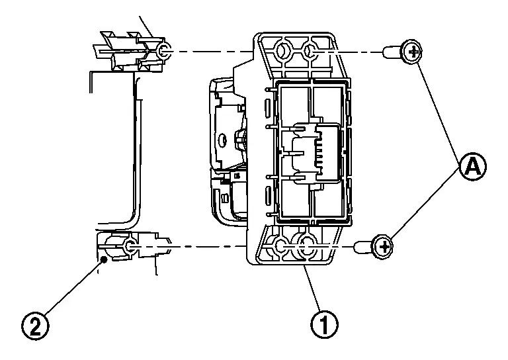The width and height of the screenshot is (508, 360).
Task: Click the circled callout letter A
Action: (x=473, y=167)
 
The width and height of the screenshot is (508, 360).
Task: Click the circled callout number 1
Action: (x=324, y=324)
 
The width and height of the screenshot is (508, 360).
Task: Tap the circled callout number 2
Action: (x=35, y=326)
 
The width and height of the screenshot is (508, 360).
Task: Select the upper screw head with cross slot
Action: (x=411, y=52)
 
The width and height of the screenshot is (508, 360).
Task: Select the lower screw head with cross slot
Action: (x=383, y=247)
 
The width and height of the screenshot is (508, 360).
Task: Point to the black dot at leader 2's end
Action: (x=104, y=259)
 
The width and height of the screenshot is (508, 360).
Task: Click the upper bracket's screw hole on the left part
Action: (x=163, y=50)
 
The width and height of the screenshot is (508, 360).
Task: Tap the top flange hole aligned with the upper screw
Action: (x=310, y=50)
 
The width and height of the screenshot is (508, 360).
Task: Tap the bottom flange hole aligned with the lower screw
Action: (x=306, y=247)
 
